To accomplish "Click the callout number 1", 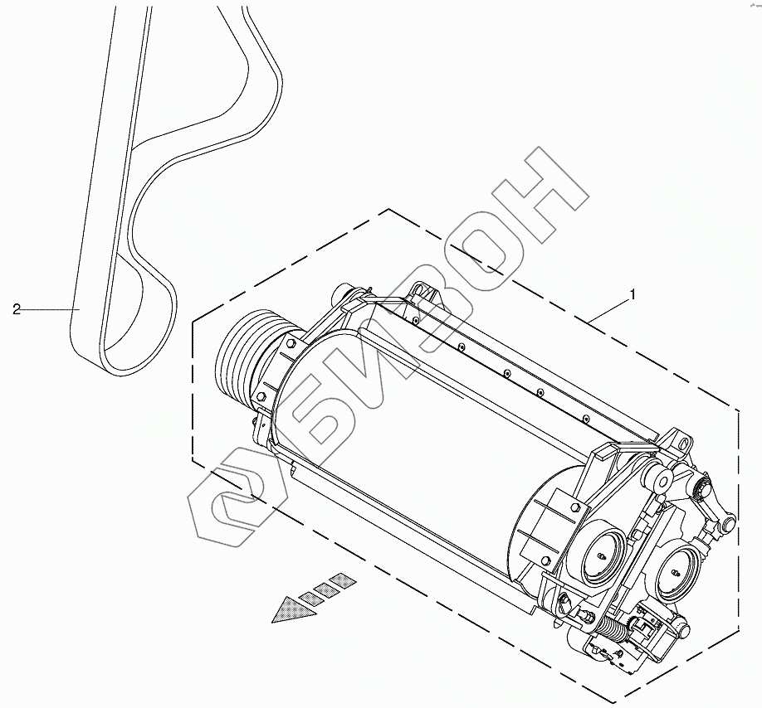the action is coord(633,294).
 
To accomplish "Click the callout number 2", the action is coord(16,310).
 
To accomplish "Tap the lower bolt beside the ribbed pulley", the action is coord(261,397).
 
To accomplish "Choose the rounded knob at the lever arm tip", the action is coord(727,523).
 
